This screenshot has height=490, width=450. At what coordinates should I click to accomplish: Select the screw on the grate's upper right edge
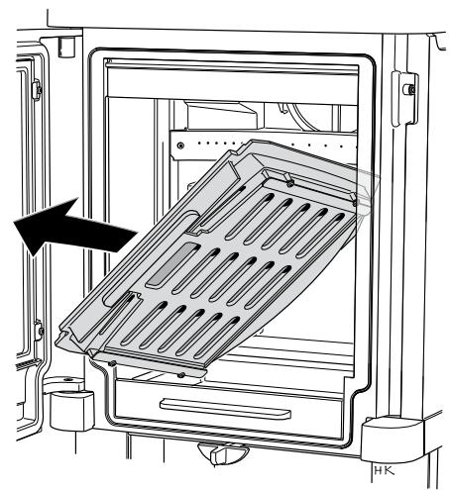click(286, 180)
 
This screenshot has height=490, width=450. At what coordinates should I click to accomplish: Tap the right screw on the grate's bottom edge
click(180, 375)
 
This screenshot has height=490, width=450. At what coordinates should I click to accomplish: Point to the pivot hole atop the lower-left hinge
click(66, 380)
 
